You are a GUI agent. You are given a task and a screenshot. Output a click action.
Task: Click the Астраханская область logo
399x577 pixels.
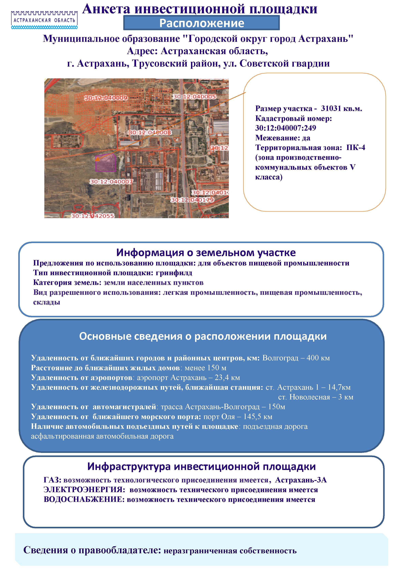pos(44,19)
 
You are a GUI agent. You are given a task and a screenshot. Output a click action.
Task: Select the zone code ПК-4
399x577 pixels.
pos(356,148)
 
